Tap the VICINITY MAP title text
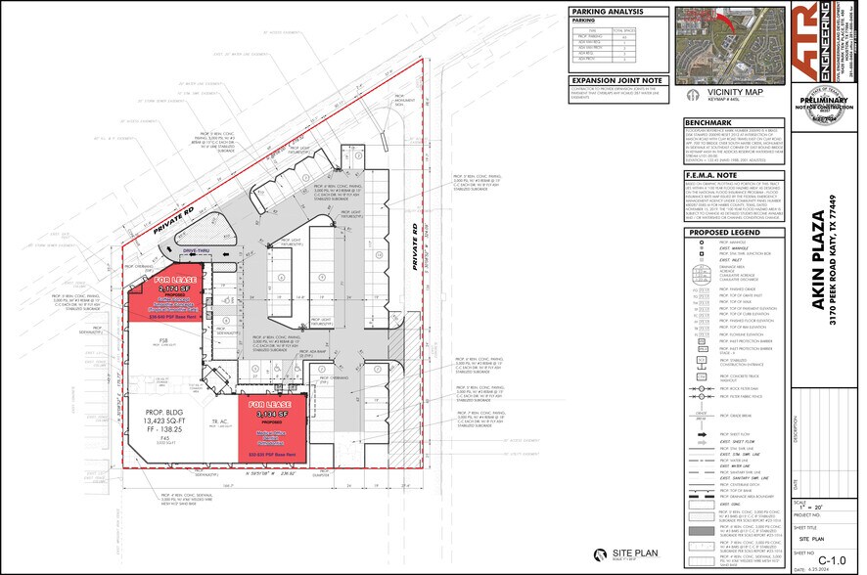tap(713, 93)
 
